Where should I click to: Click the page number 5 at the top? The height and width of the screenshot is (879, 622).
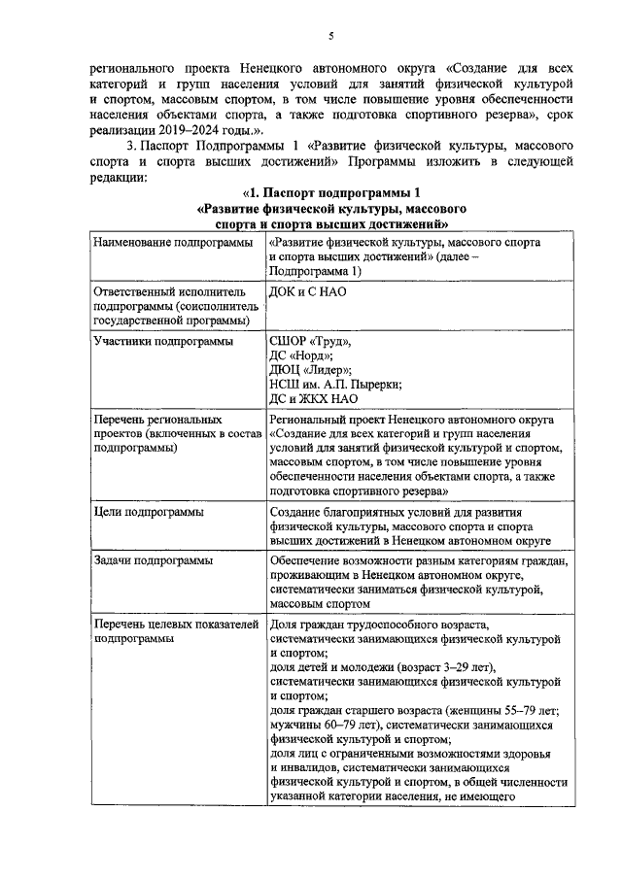pyautogui.click(x=330, y=37)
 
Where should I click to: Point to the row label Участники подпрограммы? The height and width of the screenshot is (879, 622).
pyautogui.click(x=163, y=341)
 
